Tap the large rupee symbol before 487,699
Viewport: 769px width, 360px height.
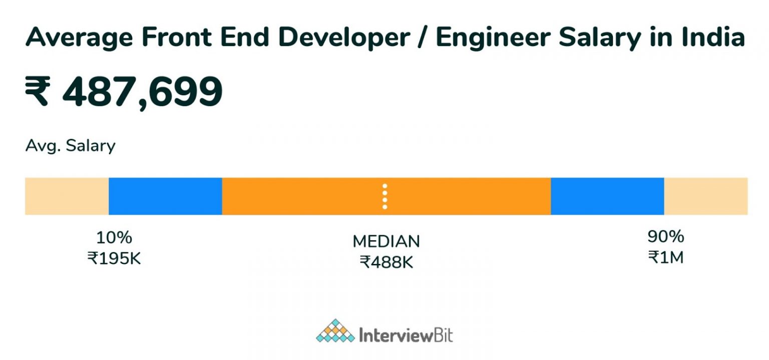coord(38,93)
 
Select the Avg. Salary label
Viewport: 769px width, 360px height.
coord(70,146)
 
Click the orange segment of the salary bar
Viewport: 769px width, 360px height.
coord(300,196)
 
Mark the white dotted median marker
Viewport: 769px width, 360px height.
coord(384,196)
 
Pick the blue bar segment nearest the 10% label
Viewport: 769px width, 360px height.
coord(165,196)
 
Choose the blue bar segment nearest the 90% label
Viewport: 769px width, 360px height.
coord(607,196)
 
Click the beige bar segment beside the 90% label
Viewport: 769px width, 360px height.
coord(706,196)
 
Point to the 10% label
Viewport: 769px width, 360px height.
coord(114,237)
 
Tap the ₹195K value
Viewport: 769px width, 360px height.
coord(114,258)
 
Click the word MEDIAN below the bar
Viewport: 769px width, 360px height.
coord(386,242)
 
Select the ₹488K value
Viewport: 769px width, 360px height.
coord(386,262)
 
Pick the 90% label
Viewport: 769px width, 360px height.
coord(665,236)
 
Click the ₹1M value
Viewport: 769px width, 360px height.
coord(665,257)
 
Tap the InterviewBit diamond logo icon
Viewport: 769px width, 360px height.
coord(335,331)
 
